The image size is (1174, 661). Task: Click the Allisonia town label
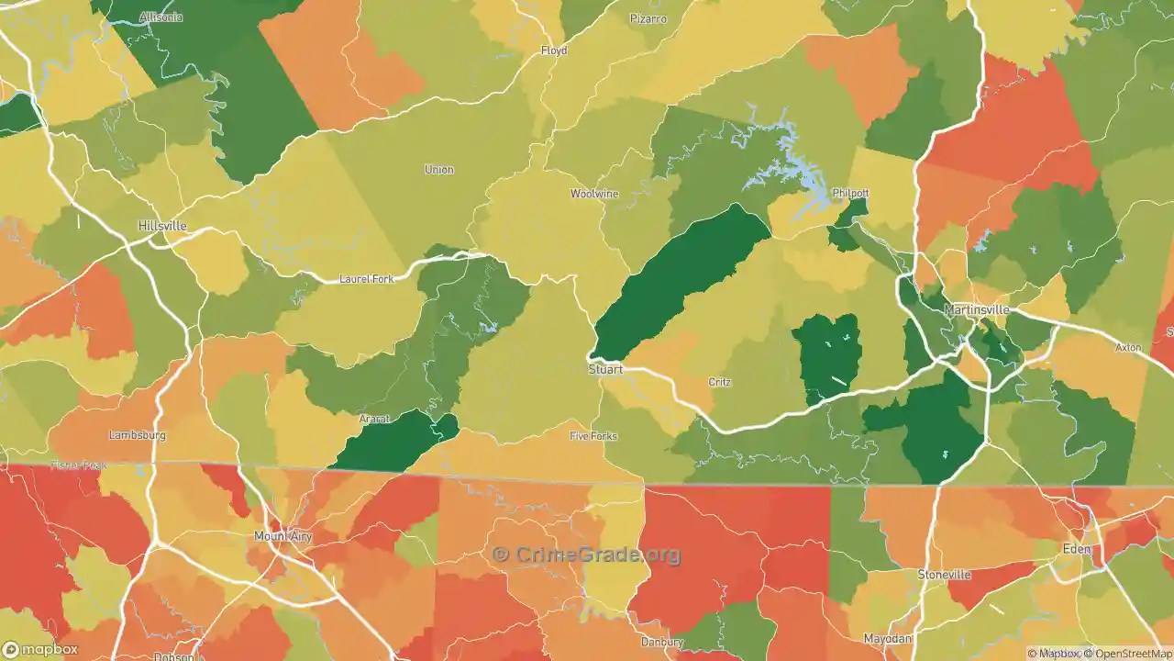click(161, 17)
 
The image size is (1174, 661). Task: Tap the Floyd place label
click(554, 50)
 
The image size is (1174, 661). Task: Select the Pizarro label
click(648, 18)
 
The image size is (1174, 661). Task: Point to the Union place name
click(439, 170)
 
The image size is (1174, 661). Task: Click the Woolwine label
click(594, 194)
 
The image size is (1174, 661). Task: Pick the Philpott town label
click(850, 194)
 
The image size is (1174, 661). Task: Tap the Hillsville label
click(162, 226)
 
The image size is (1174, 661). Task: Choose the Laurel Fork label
click(366, 279)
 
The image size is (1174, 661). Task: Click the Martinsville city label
click(977, 310)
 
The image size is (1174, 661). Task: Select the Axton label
click(1128, 348)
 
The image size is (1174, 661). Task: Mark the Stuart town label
click(605, 370)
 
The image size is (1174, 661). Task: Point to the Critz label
click(719, 382)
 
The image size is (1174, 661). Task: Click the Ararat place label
click(374, 420)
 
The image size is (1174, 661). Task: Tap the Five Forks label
click(593, 436)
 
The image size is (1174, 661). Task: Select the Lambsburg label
click(136, 435)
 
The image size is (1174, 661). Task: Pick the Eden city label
click(1077, 549)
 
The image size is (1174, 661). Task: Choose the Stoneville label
click(944, 575)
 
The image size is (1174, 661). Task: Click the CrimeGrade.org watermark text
click(587, 555)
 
